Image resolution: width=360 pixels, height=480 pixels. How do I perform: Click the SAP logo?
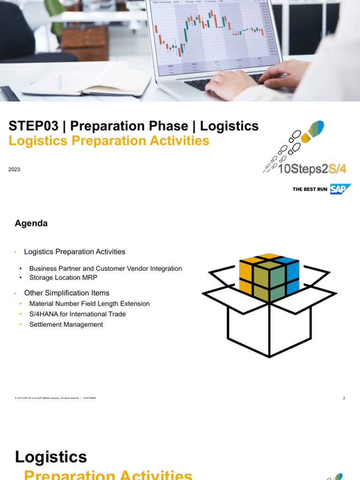[x=340, y=189]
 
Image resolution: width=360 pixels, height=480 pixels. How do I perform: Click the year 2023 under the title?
[x=14, y=169]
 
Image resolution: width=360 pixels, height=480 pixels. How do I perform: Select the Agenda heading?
[x=31, y=224]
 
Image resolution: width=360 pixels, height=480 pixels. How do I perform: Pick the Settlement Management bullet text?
[x=66, y=324]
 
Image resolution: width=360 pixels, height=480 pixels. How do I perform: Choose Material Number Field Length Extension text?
[x=90, y=304]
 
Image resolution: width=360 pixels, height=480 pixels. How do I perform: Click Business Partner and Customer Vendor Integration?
[x=105, y=269]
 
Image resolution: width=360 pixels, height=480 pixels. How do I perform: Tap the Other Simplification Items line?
[x=67, y=293]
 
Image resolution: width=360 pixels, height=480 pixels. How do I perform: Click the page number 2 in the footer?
[x=344, y=398]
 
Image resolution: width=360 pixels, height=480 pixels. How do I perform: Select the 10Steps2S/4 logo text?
[x=312, y=169]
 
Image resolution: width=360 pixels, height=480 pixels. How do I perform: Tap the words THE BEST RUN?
[x=310, y=189]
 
